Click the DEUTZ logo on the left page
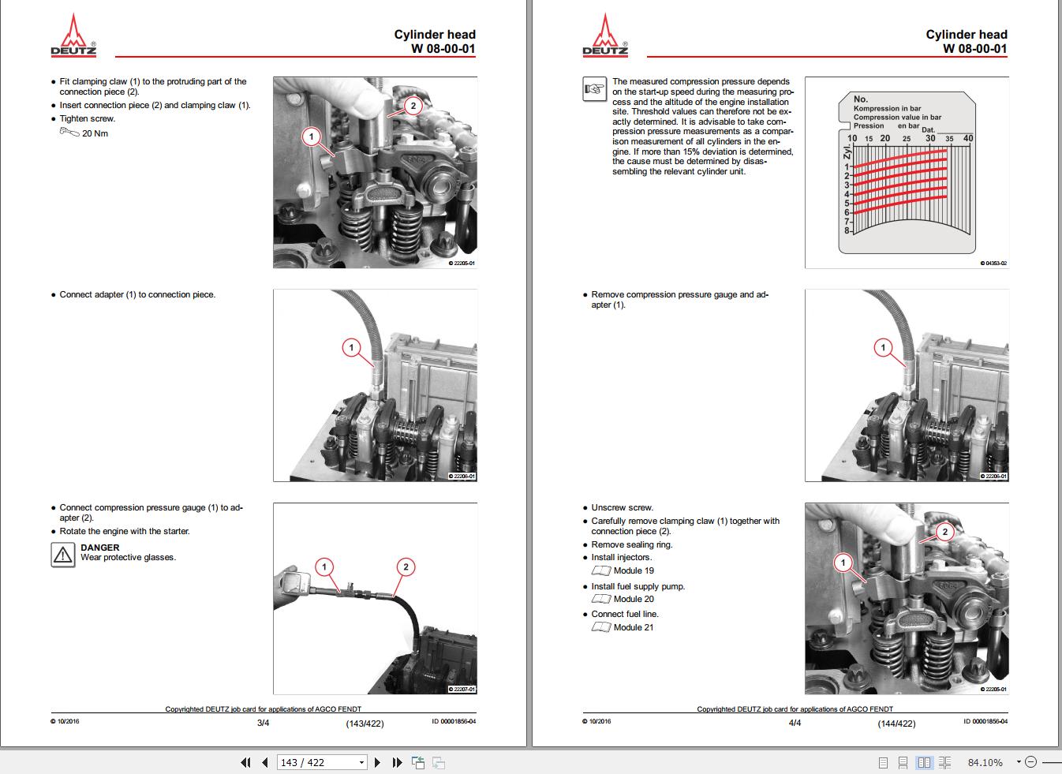tap(73, 36)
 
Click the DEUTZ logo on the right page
tap(605, 36)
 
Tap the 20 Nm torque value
tap(95, 133)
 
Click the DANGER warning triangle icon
tap(62, 555)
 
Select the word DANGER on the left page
tap(100, 548)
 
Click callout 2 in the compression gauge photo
tap(406, 566)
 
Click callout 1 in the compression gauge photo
tap(324, 566)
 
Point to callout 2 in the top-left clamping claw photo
tap(412, 106)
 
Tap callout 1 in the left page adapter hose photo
tap(351, 347)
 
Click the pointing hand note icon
tap(593, 89)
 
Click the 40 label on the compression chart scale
tap(968, 138)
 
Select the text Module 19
tap(634, 570)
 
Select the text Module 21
tap(634, 627)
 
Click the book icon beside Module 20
tap(601, 599)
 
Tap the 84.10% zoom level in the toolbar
tap(985, 762)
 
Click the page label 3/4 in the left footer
tap(264, 723)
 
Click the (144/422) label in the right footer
tap(896, 723)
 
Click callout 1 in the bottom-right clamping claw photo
tap(843, 563)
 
